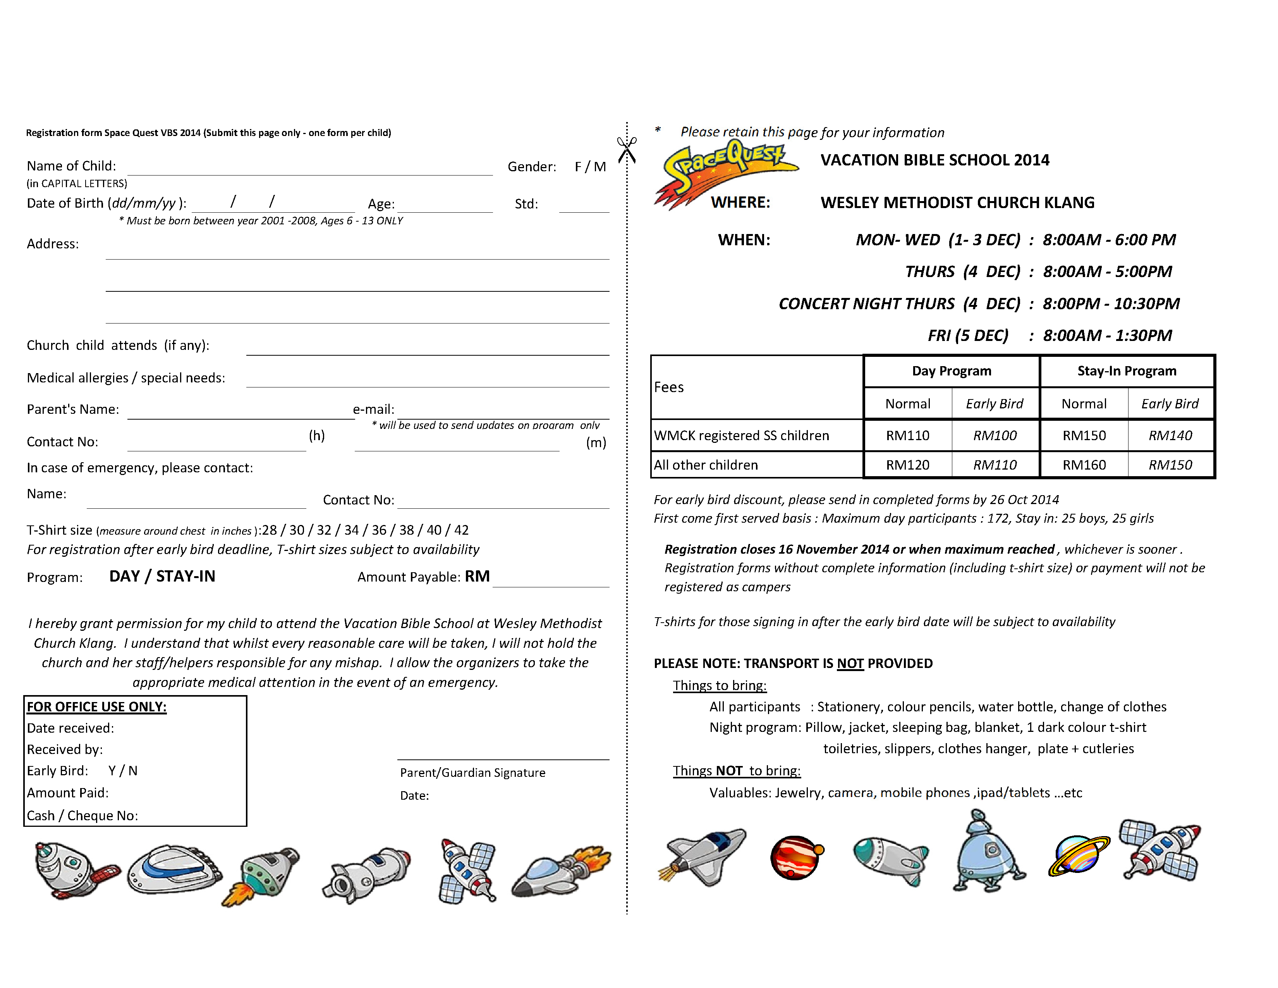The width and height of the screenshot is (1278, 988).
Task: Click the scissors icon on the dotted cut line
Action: (x=626, y=150)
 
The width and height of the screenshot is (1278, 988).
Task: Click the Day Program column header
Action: (x=952, y=371)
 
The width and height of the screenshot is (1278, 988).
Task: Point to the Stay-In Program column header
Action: (x=1127, y=371)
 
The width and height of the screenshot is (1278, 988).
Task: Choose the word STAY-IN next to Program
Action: (x=186, y=577)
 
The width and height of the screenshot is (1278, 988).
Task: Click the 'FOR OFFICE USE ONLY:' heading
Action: (x=96, y=707)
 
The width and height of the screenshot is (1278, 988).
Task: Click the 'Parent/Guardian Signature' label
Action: (x=472, y=773)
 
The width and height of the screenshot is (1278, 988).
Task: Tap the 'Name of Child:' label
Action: (x=71, y=166)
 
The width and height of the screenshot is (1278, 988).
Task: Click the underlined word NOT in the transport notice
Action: (x=850, y=664)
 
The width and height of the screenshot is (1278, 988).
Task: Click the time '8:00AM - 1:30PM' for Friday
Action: (x=1107, y=336)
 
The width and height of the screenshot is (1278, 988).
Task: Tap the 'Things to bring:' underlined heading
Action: (x=719, y=685)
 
